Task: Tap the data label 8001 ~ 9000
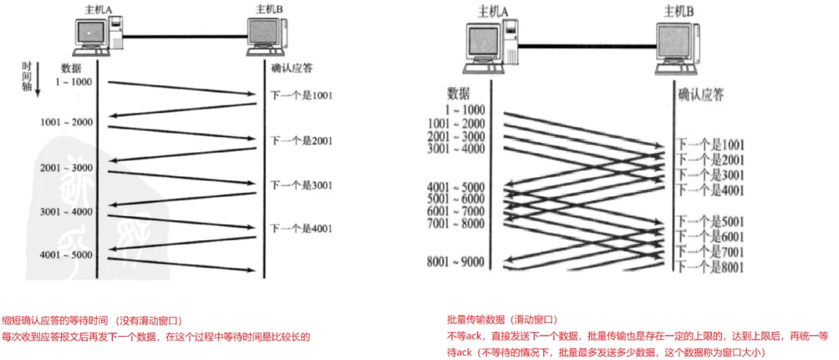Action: (456, 262)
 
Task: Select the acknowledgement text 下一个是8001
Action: (710, 267)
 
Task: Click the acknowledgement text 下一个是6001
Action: (710, 236)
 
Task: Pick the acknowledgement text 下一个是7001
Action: (710, 251)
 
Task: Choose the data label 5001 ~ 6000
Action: (456, 199)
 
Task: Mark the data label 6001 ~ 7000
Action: (456, 211)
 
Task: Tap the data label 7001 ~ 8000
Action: (456, 223)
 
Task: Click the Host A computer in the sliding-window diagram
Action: (492, 45)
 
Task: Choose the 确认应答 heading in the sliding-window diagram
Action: (700, 95)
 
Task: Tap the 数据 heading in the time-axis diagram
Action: (71, 67)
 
